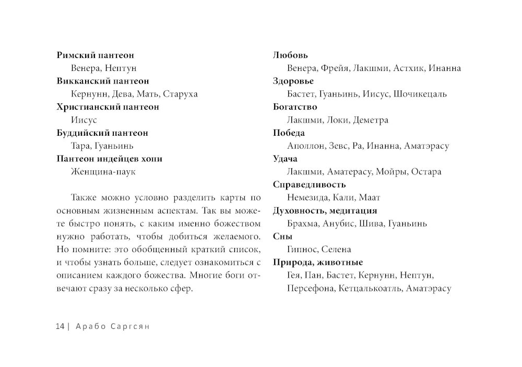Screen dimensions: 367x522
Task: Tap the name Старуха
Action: pos(180,94)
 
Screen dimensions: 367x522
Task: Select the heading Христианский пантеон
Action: pos(108,107)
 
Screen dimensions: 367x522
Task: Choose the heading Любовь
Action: pos(291,55)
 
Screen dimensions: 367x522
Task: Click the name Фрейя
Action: pos(335,68)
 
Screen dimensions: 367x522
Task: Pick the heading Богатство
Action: pos(295,107)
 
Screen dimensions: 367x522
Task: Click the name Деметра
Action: pos(371,120)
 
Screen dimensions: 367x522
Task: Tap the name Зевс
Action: pos(340,146)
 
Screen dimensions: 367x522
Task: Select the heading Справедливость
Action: pos(310,185)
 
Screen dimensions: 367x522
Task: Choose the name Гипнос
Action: pos(302,250)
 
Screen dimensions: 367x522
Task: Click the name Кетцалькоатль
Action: pos(370,289)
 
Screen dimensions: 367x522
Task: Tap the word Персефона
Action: pos(310,289)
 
